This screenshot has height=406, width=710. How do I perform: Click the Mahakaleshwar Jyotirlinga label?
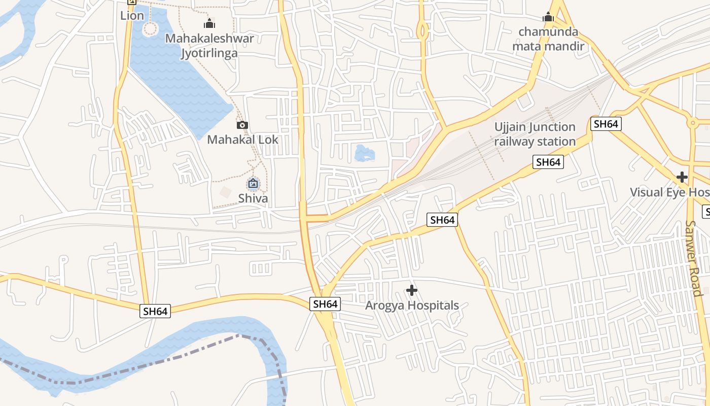[x=209, y=46]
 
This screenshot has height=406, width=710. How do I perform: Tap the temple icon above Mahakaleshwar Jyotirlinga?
[x=209, y=23]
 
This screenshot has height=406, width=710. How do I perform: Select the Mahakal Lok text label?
[x=242, y=139]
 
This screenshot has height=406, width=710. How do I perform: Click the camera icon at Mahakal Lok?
[x=242, y=125]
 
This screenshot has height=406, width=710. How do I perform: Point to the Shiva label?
[x=253, y=198]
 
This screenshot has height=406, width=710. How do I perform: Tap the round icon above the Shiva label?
[x=253, y=183]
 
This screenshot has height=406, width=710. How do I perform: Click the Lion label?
[x=132, y=15]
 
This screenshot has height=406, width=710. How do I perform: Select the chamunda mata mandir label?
[x=548, y=39]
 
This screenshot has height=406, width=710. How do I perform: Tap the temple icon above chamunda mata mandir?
[x=548, y=17]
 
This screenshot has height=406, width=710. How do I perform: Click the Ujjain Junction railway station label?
[x=535, y=134]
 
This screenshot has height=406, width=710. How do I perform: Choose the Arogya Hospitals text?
[x=412, y=306]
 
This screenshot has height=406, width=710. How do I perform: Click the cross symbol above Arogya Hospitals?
[x=412, y=290]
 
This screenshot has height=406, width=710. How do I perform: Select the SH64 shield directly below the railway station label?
[x=548, y=162]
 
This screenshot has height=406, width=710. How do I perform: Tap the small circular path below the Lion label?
[x=150, y=29]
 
